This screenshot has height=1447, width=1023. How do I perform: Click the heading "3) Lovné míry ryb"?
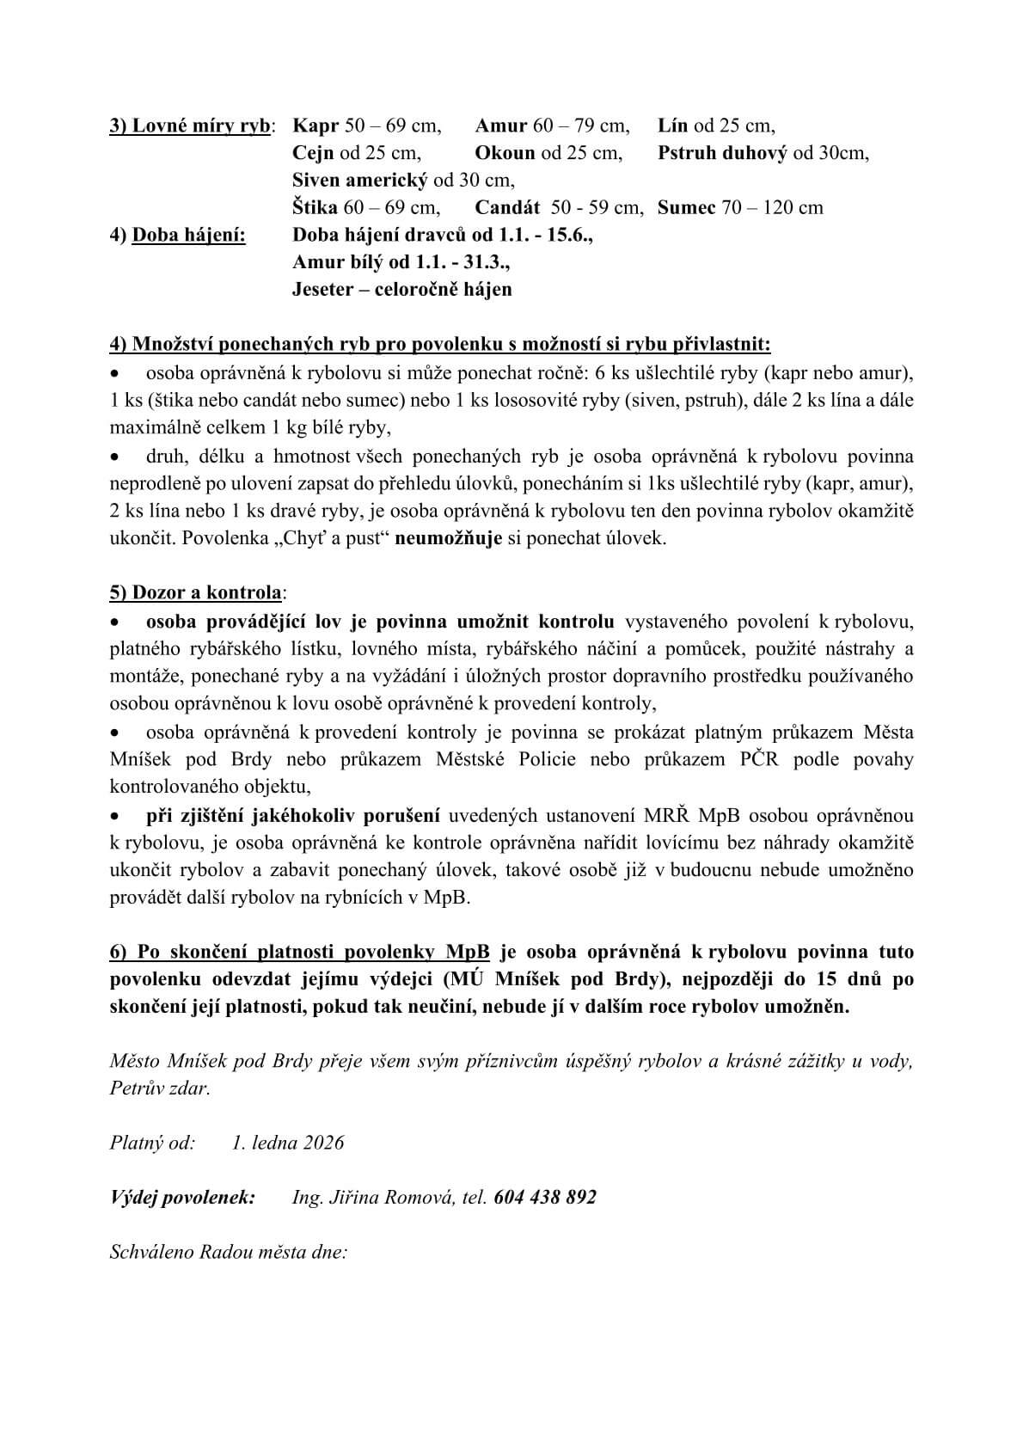[x=189, y=126]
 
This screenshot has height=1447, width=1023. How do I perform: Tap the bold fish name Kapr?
[x=315, y=126]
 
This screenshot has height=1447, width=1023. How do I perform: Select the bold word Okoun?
[x=505, y=153]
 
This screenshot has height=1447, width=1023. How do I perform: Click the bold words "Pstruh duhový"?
[x=722, y=153]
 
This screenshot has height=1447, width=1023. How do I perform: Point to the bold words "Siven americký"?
[x=359, y=181]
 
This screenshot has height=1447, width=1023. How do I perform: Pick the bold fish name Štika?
[x=315, y=207]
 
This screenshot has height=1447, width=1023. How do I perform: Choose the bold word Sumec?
[x=686, y=207]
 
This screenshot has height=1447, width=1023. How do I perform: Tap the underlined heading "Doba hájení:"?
[x=188, y=235]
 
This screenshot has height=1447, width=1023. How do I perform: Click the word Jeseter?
[x=322, y=289]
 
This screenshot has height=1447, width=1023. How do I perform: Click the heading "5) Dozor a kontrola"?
[x=195, y=593]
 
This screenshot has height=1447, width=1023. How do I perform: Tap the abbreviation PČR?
[x=758, y=759]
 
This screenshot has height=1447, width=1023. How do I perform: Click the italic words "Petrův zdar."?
[x=160, y=1088]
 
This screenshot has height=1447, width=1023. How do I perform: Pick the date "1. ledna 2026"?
[x=288, y=1143]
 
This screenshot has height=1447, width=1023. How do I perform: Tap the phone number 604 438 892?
[x=545, y=1197]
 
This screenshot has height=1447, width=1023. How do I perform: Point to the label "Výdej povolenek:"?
[x=182, y=1197]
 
